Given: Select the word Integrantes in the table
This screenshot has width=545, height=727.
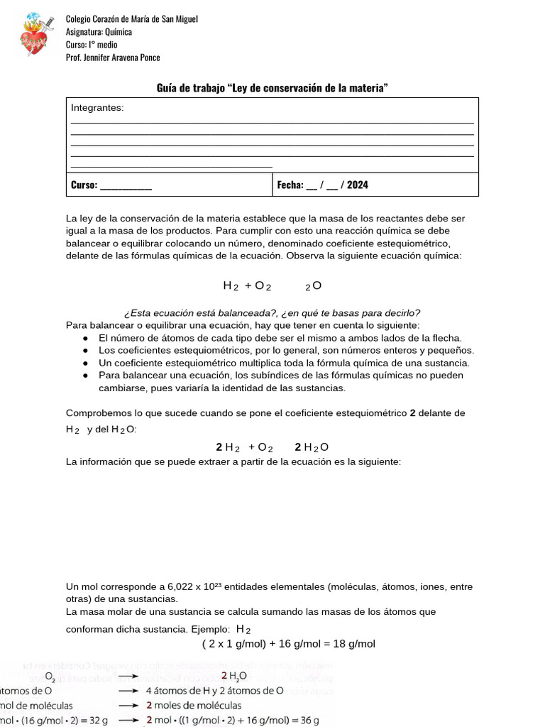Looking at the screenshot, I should pos(97,108).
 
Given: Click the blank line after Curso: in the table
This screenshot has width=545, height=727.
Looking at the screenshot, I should pos(126,186).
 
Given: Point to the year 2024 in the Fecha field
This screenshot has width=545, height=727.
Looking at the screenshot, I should pos(358,185).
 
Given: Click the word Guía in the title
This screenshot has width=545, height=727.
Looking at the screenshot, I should pos(167,88).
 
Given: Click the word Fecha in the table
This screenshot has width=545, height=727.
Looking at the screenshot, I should pos(290,185).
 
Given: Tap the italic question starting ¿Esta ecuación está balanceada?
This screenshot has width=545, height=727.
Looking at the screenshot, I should pos(272,313).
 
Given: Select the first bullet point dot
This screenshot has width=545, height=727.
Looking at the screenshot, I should pos(85,339).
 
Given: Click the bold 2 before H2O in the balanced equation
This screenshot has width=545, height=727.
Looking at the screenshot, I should pos(298,447).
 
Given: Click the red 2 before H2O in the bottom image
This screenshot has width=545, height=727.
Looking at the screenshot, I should pos(224,676).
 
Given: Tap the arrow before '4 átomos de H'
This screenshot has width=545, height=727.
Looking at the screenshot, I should pos(127,690).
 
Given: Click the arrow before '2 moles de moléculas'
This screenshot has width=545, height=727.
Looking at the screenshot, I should pos(127,705).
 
